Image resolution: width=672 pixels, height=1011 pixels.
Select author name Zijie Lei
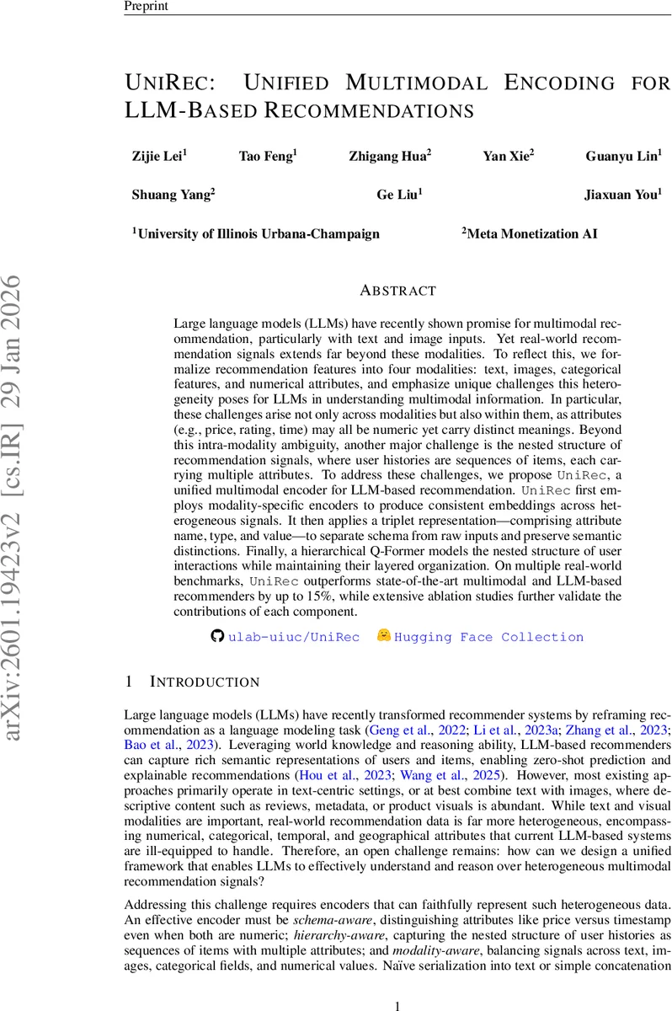tap(159, 155)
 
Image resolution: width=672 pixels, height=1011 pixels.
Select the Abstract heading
tap(397, 291)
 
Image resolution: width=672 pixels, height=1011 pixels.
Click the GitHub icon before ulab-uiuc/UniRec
tap(217, 637)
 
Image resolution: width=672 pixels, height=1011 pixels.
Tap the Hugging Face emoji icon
tap(384, 636)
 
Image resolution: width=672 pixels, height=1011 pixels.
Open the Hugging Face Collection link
tap(489, 638)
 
